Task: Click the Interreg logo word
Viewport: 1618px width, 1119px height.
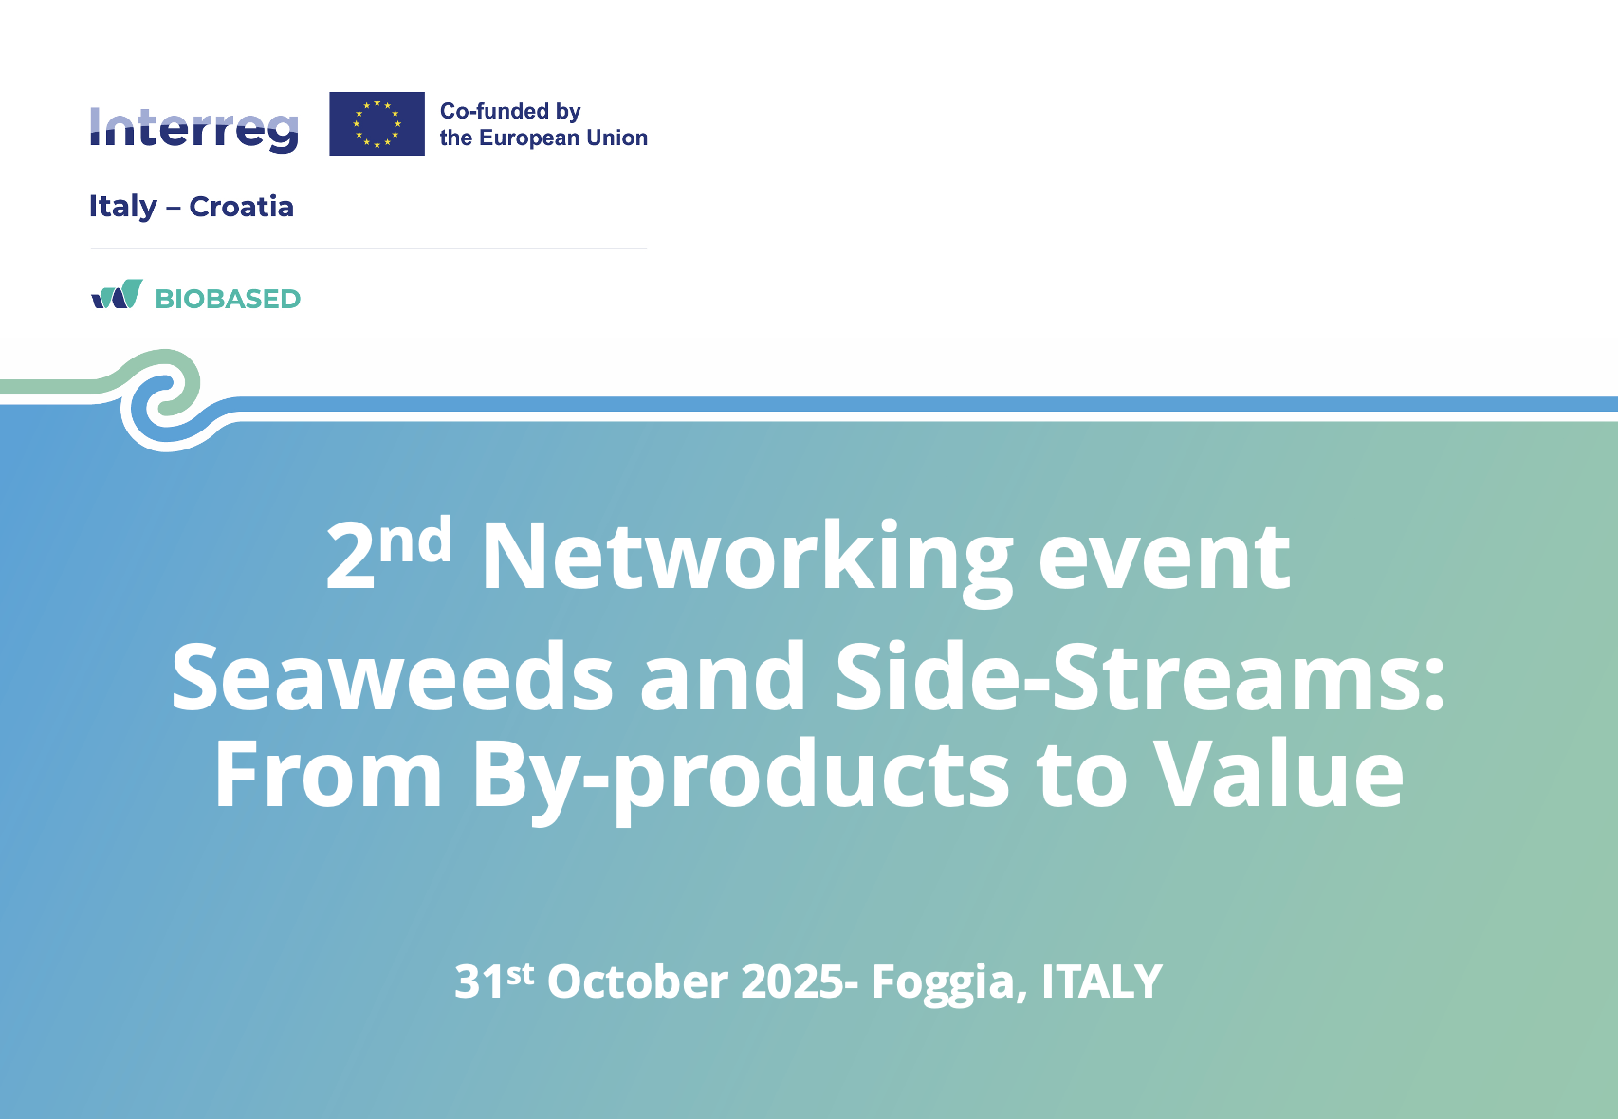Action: coord(193,129)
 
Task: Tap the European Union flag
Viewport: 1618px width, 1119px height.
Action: coord(377,123)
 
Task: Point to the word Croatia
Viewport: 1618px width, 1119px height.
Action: coord(241,207)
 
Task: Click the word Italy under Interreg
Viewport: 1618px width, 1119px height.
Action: coord(122,208)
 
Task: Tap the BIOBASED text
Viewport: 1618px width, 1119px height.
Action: coord(228,299)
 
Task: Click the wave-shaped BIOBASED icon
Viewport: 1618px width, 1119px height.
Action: coord(117,294)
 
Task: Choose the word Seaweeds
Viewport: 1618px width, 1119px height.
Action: coord(392,676)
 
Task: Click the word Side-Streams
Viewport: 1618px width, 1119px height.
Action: coord(1139,676)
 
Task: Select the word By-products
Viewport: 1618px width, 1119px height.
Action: coord(741,777)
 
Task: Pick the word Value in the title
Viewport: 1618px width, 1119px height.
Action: coord(1278,773)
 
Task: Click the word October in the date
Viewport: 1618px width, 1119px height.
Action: coord(637,981)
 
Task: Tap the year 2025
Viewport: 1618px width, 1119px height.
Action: coord(792,981)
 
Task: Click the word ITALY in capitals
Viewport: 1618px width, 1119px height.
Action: coord(1101,981)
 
